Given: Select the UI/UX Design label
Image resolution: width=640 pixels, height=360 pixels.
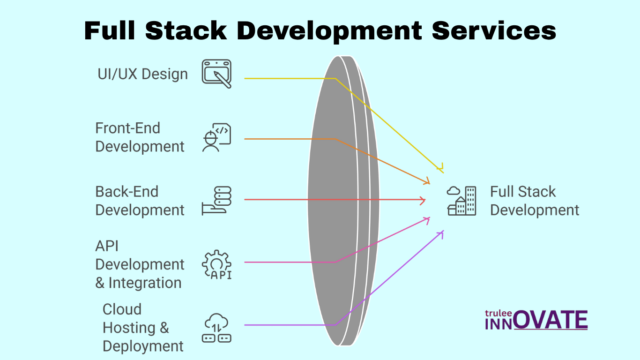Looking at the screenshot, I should click(x=142, y=74).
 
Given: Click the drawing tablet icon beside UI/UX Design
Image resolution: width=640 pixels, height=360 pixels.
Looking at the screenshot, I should click(x=216, y=74).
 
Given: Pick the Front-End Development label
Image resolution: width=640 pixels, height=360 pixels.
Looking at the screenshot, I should click(x=140, y=137).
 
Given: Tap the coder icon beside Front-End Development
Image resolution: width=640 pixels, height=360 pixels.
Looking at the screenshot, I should click(x=216, y=138).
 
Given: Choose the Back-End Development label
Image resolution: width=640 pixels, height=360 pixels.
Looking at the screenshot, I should click(x=140, y=201).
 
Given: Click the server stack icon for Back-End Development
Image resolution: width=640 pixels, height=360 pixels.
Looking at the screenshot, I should click(x=216, y=201).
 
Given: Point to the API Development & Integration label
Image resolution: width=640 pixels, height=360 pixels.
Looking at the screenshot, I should click(x=140, y=264).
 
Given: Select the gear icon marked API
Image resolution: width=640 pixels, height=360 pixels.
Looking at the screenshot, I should click(x=216, y=264).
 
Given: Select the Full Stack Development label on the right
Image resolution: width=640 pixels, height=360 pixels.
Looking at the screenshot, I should click(x=535, y=201).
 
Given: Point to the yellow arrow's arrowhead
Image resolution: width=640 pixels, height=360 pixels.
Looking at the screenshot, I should click(x=440, y=169).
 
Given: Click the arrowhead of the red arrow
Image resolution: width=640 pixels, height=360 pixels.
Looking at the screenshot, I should click(x=423, y=200).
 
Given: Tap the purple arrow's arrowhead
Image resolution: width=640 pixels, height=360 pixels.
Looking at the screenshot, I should click(x=441, y=233).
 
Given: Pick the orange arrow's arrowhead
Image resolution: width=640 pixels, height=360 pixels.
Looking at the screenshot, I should click(x=427, y=181).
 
